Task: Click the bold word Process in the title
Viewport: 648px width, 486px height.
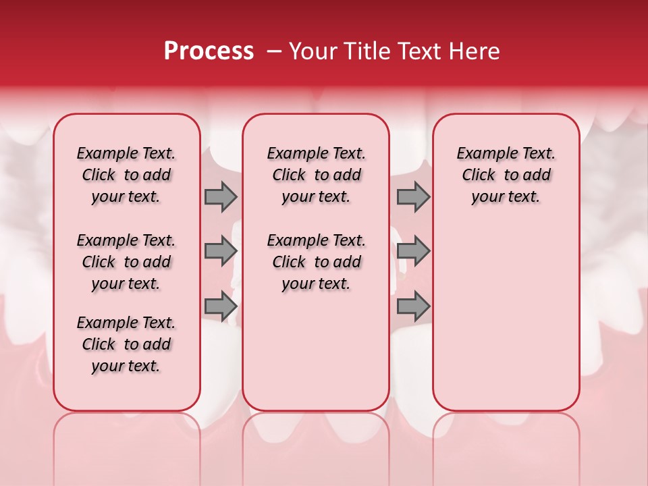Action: [209, 51]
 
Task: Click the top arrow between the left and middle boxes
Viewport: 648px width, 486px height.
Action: [221, 196]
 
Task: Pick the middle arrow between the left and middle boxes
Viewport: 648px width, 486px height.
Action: [221, 251]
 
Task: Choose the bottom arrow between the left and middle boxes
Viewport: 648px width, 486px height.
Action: [221, 306]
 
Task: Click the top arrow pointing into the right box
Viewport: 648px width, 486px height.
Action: [413, 196]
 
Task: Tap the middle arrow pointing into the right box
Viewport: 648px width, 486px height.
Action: [413, 251]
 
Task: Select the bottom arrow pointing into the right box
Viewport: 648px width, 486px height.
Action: [413, 306]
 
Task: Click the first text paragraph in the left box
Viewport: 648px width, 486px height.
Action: [126, 175]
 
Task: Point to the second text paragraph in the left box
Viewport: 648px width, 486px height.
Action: [126, 262]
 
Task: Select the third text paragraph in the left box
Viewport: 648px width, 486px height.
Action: [126, 344]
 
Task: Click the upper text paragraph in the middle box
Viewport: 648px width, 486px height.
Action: [316, 175]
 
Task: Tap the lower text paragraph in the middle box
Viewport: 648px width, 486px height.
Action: [316, 262]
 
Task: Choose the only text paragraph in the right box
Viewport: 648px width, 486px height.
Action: [506, 175]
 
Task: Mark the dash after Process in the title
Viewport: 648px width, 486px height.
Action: [274, 51]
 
